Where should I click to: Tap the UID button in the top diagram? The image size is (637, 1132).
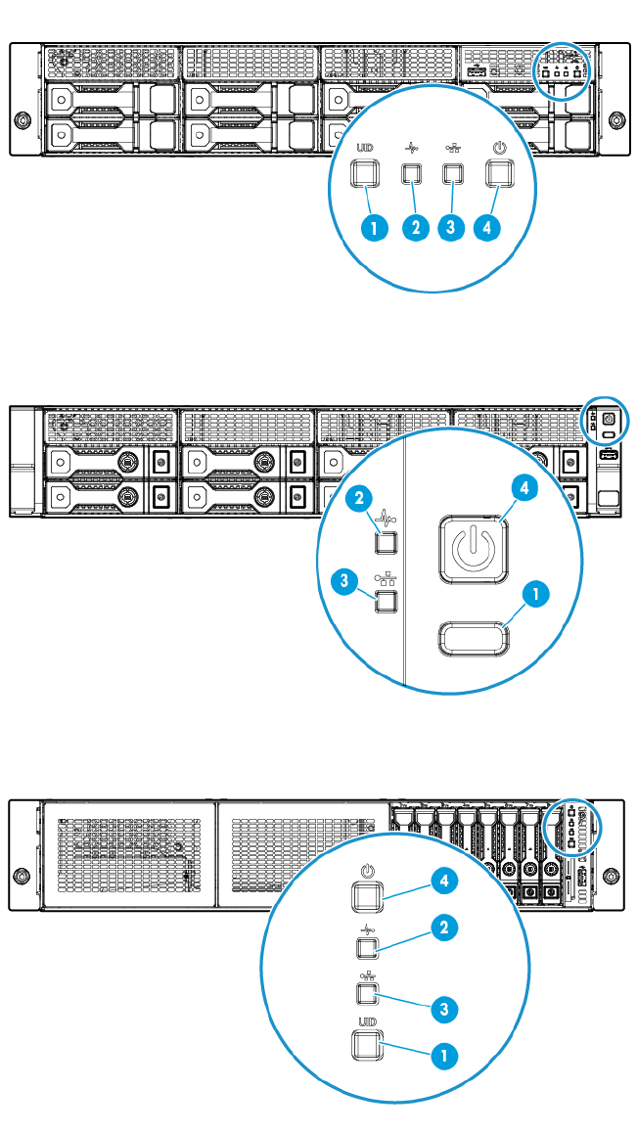coord(365,174)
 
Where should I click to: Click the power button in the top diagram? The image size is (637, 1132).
coord(499,174)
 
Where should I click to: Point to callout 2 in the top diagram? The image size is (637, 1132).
coord(416,227)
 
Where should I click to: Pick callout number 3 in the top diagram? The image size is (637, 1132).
coord(451,227)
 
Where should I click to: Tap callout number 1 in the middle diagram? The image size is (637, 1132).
coord(534,593)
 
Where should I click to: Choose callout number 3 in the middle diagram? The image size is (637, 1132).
coord(344,581)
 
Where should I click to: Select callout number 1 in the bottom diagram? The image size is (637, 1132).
coord(445,1057)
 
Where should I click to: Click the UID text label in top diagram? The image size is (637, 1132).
coord(365,149)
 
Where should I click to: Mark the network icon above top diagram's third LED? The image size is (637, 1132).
coord(453,149)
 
